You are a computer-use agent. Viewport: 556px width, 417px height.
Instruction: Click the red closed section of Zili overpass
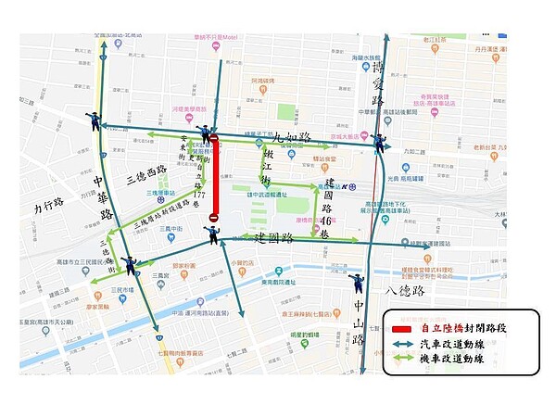pyautogui.click(x=214, y=181)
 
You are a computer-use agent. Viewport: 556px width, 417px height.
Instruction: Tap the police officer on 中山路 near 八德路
pyautogui.click(x=355, y=284)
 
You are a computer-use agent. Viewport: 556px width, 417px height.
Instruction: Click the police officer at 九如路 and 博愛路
pyautogui.click(x=379, y=143)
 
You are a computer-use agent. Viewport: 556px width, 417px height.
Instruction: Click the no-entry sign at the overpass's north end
pyautogui.click(x=214, y=140)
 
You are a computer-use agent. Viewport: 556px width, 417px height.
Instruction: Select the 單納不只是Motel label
pyautogui.click(x=216, y=38)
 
